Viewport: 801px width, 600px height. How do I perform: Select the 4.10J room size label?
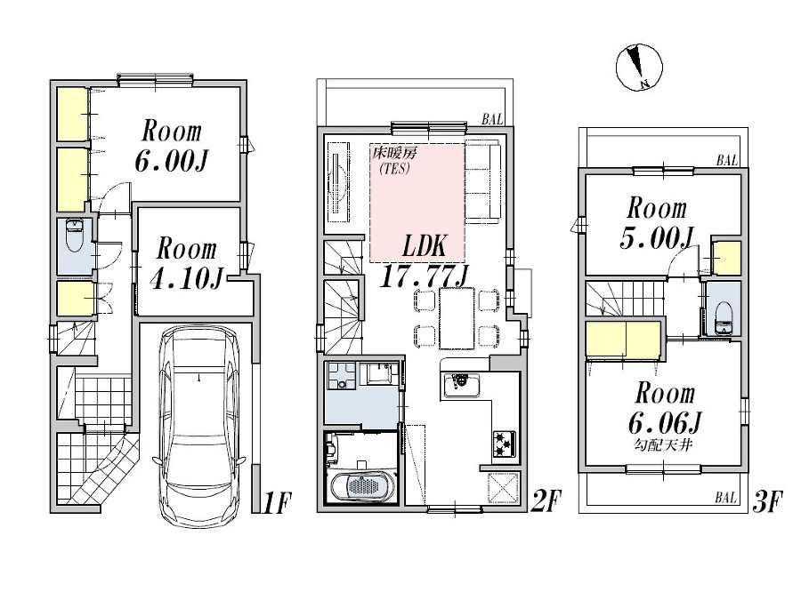(186, 263)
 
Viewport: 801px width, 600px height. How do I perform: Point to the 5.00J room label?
(656, 223)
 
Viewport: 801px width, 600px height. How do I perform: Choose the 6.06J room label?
(662, 405)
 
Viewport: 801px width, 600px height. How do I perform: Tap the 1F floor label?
(277, 503)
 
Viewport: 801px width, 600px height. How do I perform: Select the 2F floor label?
(545, 503)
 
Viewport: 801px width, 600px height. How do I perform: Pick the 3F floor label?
(766, 503)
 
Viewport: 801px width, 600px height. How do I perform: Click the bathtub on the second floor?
(361, 487)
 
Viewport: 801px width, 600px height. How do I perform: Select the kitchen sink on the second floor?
(462, 386)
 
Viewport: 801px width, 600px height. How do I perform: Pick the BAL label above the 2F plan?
(493, 118)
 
